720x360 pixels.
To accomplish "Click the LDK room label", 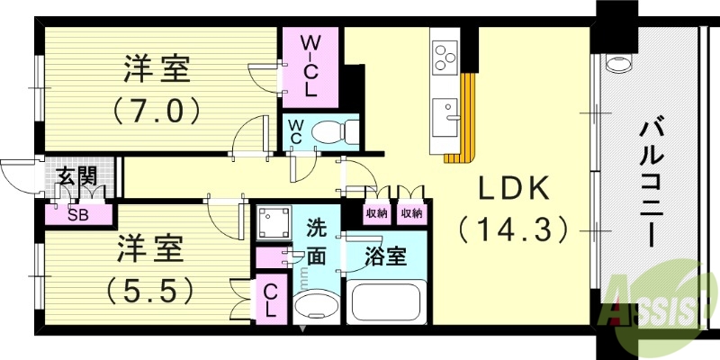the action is point(514,188).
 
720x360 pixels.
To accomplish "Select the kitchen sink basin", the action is point(445,118).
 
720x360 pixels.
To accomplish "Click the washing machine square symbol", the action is point(274,222).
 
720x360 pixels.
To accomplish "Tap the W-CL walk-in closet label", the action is point(310,67).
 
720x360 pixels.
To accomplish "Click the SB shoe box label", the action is point(78,215).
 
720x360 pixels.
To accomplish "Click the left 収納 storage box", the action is point(376,213).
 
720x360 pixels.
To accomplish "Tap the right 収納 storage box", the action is point(411,213).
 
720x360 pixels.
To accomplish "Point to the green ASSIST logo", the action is point(659,303).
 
